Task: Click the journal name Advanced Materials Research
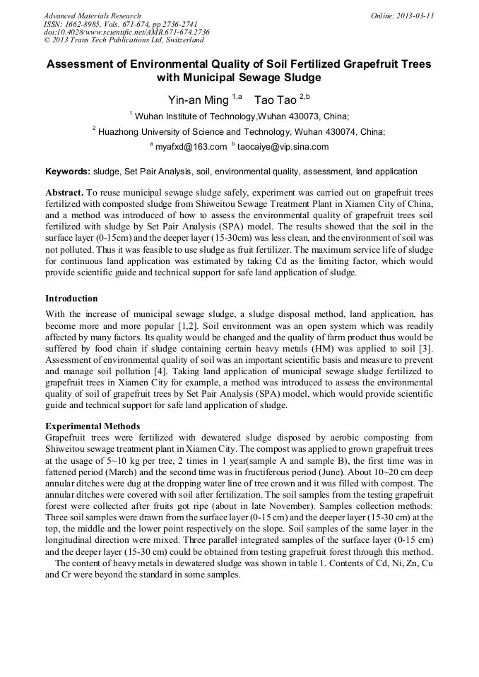[x=92, y=16]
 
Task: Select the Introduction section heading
[x=71, y=299]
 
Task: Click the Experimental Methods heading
[x=93, y=426]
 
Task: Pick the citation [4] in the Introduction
[x=161, y=371]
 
